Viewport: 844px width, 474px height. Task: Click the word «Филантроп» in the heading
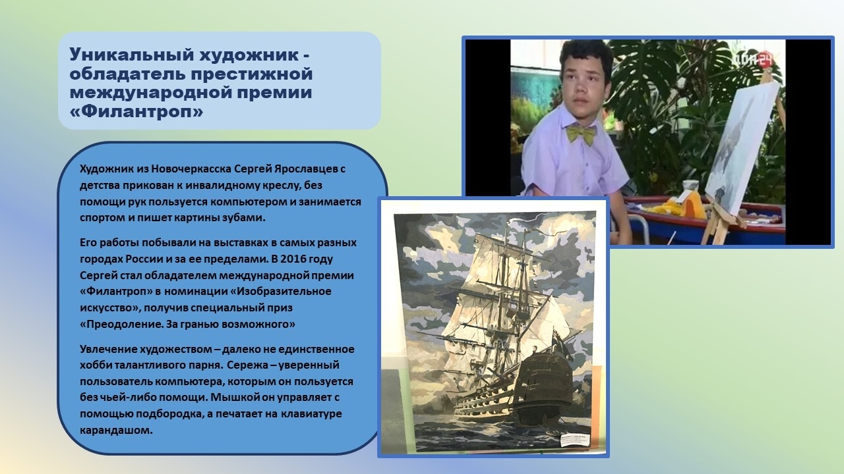point(136,111)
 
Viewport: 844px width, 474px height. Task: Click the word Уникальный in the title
point(131,55)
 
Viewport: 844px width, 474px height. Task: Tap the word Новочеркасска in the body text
point(191,169)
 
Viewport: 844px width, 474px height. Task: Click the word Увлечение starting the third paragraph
point(108,349)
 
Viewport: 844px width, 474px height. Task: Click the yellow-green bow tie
point(581,133)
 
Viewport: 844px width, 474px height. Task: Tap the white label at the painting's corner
point(574,440)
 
